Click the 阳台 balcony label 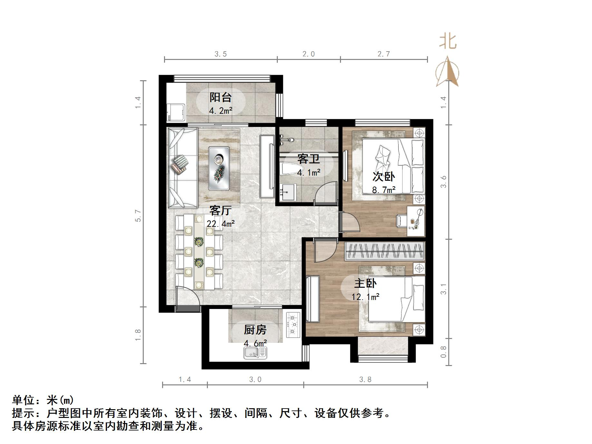click(221, 97)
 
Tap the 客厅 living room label click(220, 210)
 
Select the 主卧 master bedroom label click(365, 284)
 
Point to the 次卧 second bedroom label click(383, 177)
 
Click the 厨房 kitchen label click(255, 330)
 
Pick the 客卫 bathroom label click(308, 159)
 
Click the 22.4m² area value click(221, 223)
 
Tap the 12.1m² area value click(365, 296)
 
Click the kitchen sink click(255, 352)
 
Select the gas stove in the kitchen click(293, 324)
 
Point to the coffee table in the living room click(219, 168)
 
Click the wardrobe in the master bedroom click(385, 251)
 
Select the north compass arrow click(447, 72)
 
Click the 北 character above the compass click(448, 42)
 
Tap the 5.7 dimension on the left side click(138, 216)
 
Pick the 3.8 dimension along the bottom click(365, 380)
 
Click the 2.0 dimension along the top click(308, 54)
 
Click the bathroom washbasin click(287, 192)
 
